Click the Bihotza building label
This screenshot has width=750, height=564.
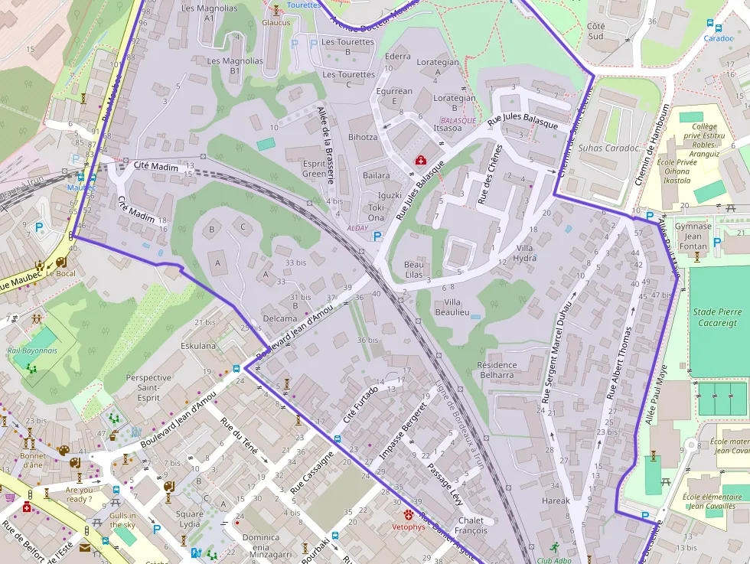coord(363,137)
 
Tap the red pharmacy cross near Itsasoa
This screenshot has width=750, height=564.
coord(420,160)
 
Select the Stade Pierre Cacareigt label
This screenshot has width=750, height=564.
coord(717,317)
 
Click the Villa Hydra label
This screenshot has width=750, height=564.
coord(526,253)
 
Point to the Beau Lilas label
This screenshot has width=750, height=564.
coord(414,269)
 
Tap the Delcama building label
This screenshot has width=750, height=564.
coord(279,318)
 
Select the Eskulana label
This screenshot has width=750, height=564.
coord(198,346)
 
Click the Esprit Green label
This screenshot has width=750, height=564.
coord(314,168)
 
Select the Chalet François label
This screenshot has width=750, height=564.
coord(471,526)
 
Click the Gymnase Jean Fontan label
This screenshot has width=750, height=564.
coord(693,236)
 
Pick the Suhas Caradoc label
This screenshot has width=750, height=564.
coord(608,148)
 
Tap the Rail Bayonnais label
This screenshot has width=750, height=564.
coord(32,350)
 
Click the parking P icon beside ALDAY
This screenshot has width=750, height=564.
coord(377,237)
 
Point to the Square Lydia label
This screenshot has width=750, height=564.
coord(189,519)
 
